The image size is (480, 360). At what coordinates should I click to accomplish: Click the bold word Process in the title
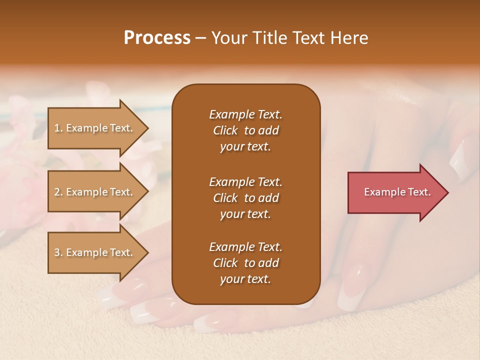click(157, 38)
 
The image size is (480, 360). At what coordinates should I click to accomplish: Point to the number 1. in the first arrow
click(58, 128)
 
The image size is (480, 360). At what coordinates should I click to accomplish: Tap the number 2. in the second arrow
click(58, 192)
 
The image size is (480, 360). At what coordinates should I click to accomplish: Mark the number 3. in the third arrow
click(58, 252)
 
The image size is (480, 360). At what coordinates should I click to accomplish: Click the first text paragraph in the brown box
click(245, 130)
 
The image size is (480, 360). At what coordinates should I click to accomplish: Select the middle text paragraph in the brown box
click(245, 197)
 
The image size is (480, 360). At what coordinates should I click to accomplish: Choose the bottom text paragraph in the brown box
click(245, 263)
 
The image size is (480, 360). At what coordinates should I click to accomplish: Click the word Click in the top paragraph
click(225, 130)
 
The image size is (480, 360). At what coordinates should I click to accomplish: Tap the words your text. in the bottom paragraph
click(245, 279)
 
